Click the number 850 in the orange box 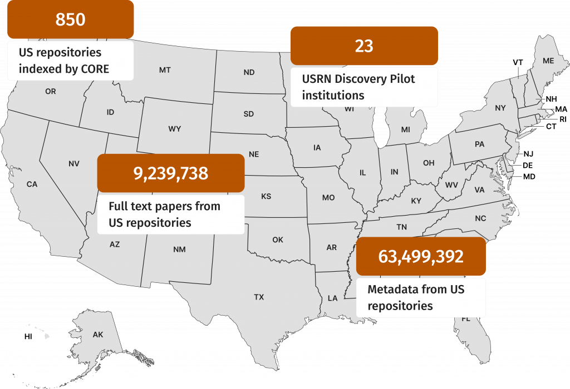[70, 19]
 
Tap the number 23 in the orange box [364, 46]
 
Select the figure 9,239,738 [171, 173]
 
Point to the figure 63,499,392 [421, 256]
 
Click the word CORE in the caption [94, 69]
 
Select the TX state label [259, 297]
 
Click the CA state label [32, 184]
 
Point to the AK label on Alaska [98, 335]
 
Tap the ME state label [548, 60]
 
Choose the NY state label [500, 107]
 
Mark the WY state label [174, 129]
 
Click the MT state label [165, 70]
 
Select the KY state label [416, 201]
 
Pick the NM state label [179, 249]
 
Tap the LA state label [332, 298]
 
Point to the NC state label [480, 218]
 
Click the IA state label [317, 147]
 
